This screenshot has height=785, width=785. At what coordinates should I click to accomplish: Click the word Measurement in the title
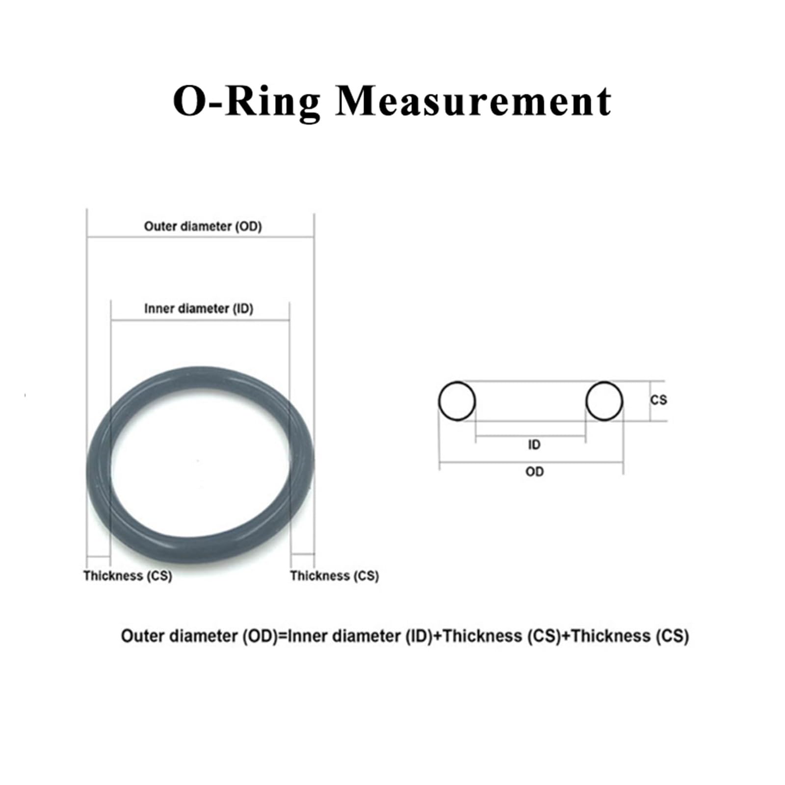click(473, 101)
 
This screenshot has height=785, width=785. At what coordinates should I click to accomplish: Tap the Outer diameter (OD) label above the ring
click(203, 226)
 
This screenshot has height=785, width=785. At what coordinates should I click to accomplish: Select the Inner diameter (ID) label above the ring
click(199, 309)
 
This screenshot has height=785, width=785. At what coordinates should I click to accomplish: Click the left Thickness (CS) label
click(128, 576)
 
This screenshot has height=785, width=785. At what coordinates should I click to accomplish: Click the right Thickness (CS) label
click(335, 576)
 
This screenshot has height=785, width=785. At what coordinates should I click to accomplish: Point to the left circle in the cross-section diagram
click(457, 401)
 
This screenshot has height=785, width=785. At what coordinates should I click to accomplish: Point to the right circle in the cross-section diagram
click(604, 401)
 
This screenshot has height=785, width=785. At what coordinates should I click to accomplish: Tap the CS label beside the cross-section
click(658, 400)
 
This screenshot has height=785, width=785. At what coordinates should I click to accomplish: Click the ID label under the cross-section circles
click(534, 445)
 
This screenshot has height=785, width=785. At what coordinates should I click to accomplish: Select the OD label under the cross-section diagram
click(534, 471)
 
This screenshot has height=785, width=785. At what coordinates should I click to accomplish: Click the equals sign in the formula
click(283, 636)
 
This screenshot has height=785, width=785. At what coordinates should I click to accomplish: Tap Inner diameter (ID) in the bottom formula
click(360, 636)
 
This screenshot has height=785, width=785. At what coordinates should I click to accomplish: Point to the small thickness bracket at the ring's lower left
click(98, 556)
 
